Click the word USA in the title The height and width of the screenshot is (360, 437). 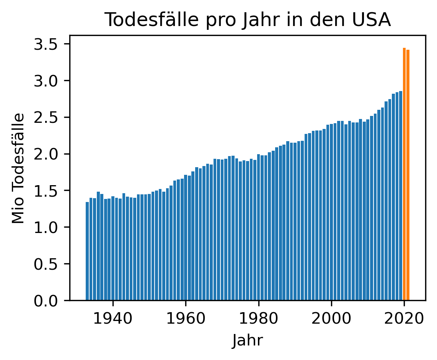click(x=373, y=20)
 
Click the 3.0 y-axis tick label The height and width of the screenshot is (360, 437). click(x=47, y=81)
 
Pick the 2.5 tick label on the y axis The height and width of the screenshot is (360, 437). click(x=47, y=117)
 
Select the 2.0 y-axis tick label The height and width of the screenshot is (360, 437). click(x=47, y=154)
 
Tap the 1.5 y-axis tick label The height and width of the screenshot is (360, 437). click(x=47, y=191)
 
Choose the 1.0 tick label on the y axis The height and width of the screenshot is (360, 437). click(x=47, y=227)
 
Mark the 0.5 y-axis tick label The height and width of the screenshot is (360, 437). click(x=47, y=264)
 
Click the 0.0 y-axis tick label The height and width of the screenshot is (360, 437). click(x=47, y=301)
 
